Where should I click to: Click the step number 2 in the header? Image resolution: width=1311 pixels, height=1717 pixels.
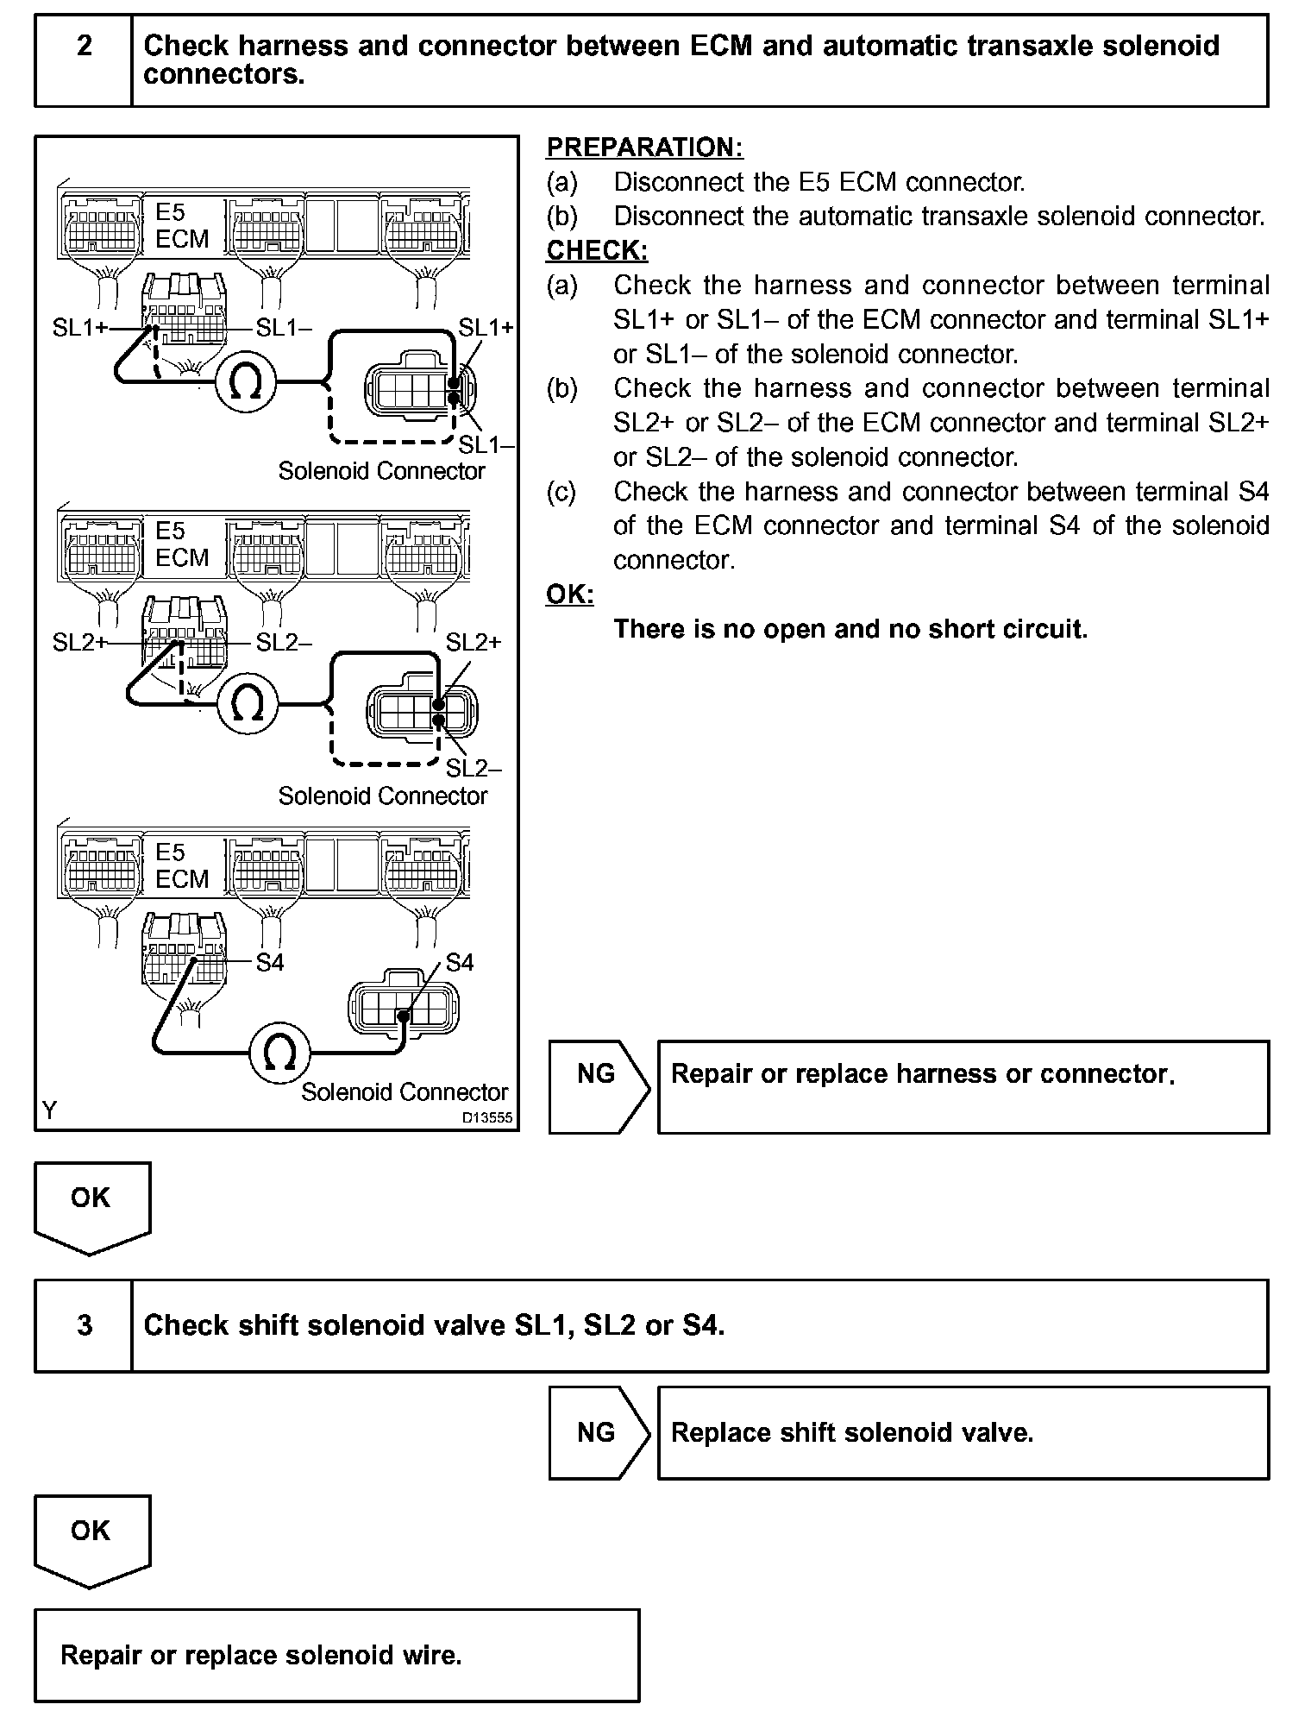tap(84, 46)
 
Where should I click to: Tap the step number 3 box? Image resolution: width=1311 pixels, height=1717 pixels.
tap(84, 1324)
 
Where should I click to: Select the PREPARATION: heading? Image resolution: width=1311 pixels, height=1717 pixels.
tap(644, 148)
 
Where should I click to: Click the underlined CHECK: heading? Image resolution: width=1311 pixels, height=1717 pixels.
tap(597, 250)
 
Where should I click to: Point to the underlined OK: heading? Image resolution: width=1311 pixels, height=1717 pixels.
tap(569, 594)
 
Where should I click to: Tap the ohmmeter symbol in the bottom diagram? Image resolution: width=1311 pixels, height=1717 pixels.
tap(279, 1052)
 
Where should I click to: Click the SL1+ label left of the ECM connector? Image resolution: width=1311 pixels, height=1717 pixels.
tap(79, 328)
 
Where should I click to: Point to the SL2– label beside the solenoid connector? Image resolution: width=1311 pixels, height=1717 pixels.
tap(474, 768)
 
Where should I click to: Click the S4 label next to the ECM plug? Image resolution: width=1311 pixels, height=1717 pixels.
tap(270, 962)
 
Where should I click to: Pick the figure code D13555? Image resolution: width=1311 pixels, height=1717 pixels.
tap(486, 1117)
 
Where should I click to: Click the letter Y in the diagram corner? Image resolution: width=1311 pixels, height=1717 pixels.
tap(49, 1110)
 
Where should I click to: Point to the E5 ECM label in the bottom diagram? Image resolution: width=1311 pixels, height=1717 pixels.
tap(182, 865)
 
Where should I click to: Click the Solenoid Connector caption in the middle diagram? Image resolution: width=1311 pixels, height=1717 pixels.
tap(382, 796)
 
